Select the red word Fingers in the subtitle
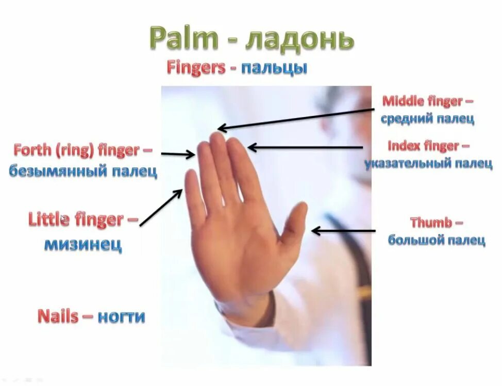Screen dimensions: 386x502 (x=196, y=68)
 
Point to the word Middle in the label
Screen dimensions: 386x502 (x=400, y=101)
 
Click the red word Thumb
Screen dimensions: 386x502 (x=431, y=223)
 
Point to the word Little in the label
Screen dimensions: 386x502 (x=48, y=220)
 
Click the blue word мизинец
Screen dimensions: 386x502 (x=83, y=244)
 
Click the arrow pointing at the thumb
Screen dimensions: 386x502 (x=343, y=231)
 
